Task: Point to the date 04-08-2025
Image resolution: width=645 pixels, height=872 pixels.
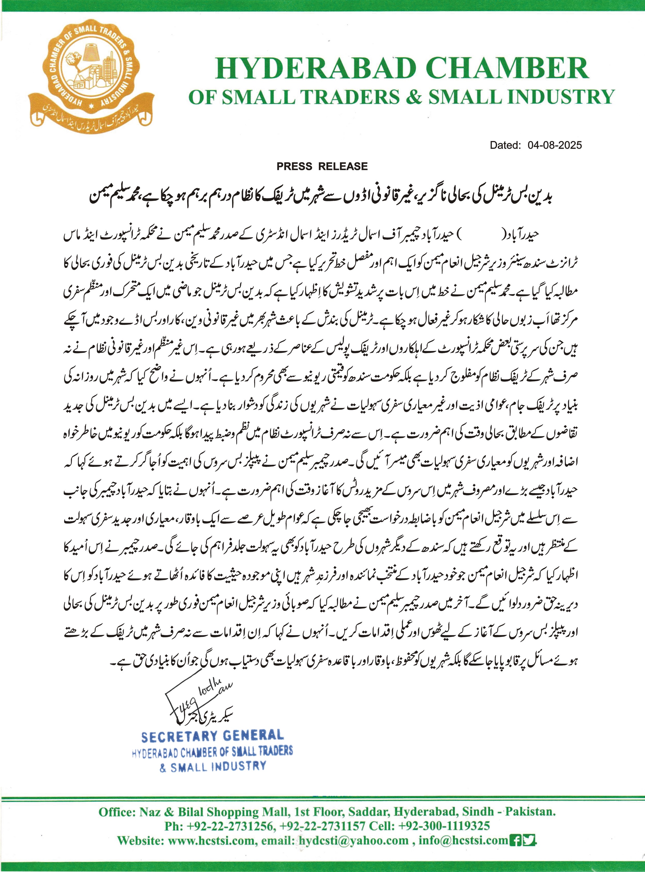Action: pyautogui.click(x=555, y=145)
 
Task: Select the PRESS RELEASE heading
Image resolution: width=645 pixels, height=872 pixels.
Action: pyautogui.click(x=322, y=166)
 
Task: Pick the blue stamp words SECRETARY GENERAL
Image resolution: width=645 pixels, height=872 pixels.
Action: pyautogui.click(x=212, y=737)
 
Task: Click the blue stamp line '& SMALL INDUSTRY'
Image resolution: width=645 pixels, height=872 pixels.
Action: pyautogui.click(x=213, y=766)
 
